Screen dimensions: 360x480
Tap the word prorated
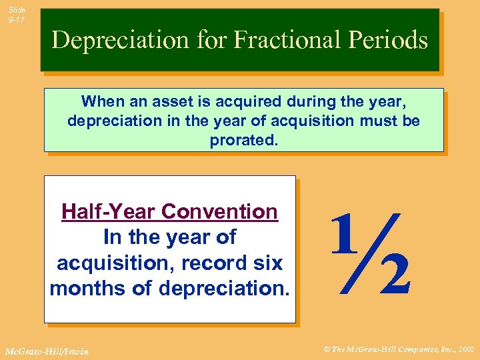pyautogui.click(x=243, y=140)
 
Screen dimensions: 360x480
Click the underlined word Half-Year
pyautogui.click(x=108, y=212)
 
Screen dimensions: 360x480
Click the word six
pyautogui.click(x=267, y=263)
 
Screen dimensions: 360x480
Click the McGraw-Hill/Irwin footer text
pyautogui.click(x=47, y=351)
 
